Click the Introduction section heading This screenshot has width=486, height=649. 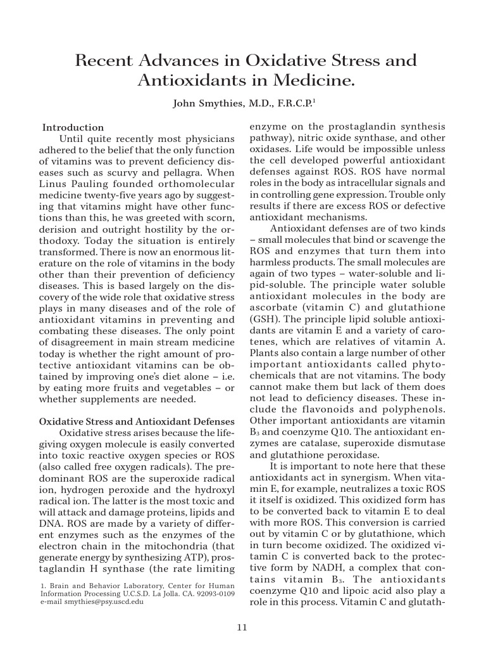(72, 128)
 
